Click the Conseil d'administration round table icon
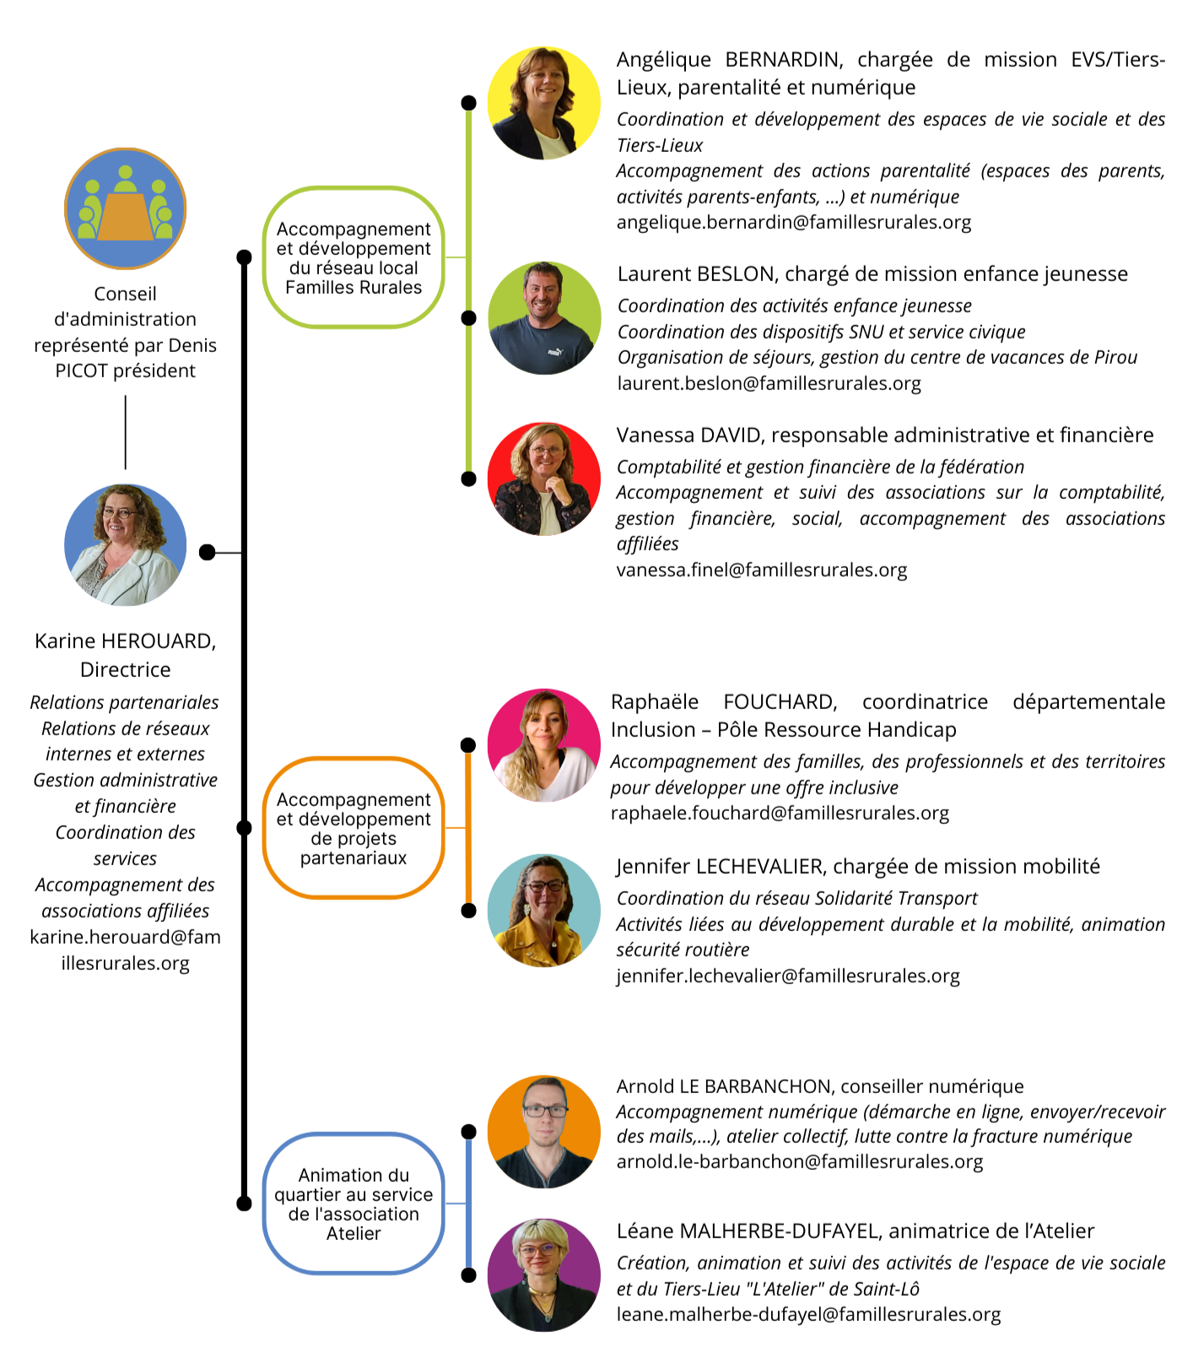126,208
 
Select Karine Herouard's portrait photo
126,544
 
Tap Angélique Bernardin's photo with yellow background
544,103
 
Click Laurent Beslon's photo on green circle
544,318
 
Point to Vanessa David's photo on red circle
544,479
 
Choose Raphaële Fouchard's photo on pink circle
544,745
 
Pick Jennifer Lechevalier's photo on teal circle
544,910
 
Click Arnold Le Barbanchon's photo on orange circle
544,1131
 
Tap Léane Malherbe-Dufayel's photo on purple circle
544,1275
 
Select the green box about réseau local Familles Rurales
354,257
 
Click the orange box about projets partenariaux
354,828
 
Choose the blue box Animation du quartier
354,1204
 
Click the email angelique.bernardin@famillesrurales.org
794,222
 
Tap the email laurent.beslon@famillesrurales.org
769,383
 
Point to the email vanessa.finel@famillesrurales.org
762,570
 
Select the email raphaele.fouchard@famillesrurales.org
780,813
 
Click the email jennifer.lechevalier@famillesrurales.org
788,976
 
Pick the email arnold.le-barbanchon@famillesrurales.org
800,1161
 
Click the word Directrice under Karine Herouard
126,669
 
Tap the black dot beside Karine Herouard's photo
208,553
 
